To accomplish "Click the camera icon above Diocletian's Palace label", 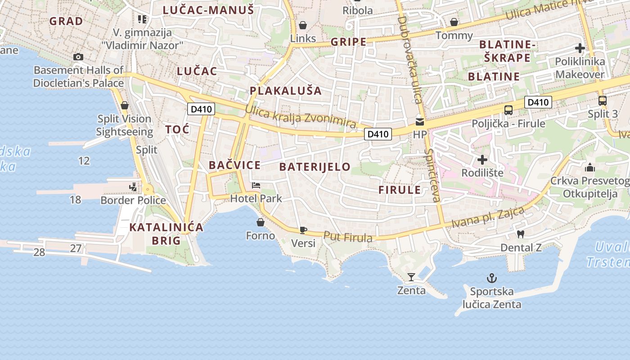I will click(x=78, y=57).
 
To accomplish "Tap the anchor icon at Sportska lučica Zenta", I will click(x=491, y=278).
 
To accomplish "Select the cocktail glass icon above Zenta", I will click(x=411, y=277).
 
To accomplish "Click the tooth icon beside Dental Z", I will click(x=521, y=234).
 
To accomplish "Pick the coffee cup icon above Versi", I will click(x=303, y=230).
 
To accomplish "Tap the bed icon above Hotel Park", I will click(x=256, y=185).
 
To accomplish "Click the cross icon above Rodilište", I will click(x=482, y=159).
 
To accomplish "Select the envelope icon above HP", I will click(x=420, y=121).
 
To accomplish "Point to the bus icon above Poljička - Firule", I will click(x=508, y=110).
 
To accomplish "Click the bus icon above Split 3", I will click(x=603, y=100).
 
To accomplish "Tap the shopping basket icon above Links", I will click(x=303, y=25).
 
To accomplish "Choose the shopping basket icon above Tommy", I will click(x=454, y=22).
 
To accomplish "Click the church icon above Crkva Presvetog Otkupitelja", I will click(x=589, y=168).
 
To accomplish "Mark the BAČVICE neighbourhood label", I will click(x=234, y=165).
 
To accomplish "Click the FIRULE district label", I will click(x=400, y=190).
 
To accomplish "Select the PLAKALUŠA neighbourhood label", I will click(x=286, y=91).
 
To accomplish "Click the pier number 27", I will click(x=76, y=248).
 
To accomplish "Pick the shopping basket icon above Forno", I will click(x=261, y=222).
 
